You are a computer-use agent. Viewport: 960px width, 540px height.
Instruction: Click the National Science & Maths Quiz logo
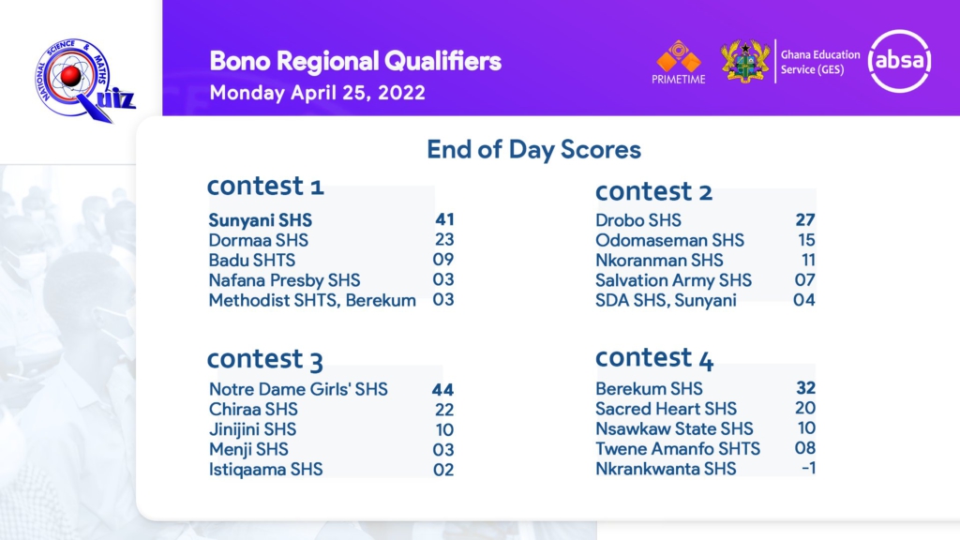84,80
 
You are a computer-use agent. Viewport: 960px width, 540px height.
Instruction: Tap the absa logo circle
899,61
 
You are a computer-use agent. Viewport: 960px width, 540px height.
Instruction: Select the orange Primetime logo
679,62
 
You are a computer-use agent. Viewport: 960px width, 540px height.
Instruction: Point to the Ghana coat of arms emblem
745,61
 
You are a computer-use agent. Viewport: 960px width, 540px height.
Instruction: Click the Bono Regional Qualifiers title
355,61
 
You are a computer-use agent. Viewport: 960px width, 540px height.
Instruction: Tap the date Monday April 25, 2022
317,93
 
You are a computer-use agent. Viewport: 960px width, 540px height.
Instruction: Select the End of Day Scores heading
533,149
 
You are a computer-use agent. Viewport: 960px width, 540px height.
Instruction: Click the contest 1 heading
265,186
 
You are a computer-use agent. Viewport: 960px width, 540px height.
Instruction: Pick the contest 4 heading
654,357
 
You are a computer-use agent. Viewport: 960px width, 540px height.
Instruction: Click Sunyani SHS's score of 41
444,219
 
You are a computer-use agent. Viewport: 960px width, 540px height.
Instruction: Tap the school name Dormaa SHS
259,240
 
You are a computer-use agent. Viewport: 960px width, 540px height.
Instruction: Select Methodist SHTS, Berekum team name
312,301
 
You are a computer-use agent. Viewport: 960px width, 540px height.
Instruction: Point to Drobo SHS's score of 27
805,219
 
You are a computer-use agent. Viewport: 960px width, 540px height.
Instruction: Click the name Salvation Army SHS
673,280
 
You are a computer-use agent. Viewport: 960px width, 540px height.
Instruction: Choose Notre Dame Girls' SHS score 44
442,389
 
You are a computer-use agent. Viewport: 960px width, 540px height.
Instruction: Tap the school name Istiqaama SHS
265,470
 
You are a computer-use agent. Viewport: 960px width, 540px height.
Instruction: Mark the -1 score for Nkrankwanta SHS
809,469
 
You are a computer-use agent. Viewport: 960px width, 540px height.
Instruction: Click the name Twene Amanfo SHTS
678,449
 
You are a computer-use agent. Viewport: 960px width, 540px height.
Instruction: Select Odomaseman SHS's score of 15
806,240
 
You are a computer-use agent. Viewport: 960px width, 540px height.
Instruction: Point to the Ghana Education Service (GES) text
820,62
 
